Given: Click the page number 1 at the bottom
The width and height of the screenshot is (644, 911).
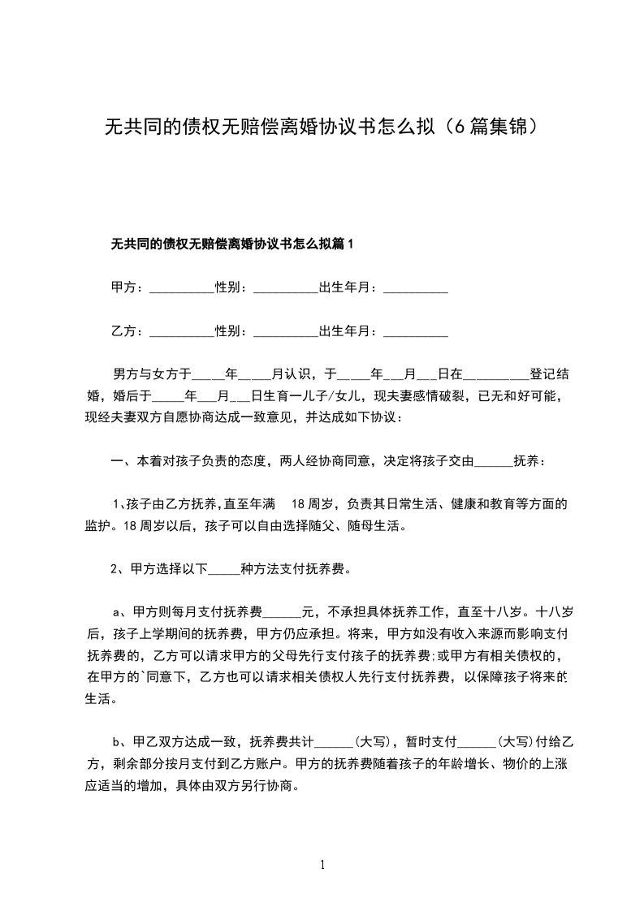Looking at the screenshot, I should pos(322,865).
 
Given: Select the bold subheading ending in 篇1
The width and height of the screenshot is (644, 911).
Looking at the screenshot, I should pos(232,244).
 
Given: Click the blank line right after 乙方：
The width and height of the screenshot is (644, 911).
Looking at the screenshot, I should pos(181,333).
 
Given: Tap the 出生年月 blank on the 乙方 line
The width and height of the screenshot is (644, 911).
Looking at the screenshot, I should pos(415,333).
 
